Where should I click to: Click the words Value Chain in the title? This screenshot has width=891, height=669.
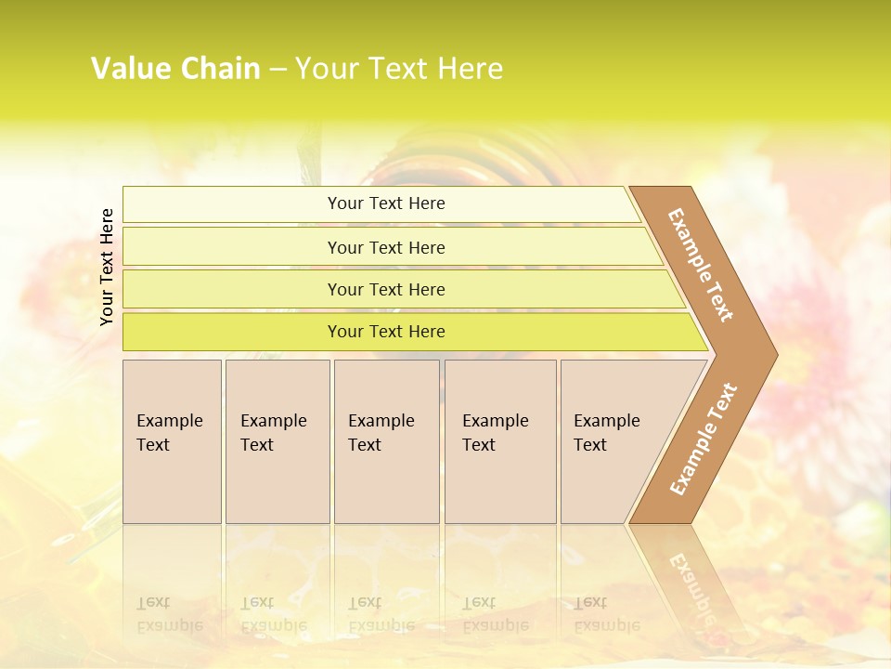pyautogui.click(x=175, y=69)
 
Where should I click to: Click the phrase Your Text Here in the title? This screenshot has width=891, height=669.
pyautogui.click(x=399, y=69)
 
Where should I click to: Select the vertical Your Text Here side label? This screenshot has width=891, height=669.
pyautogui.click(x=107, y=267)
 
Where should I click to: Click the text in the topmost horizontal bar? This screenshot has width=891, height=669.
pyautogui.click(x=386, y=203)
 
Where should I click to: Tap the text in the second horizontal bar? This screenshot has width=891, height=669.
pyautogui.click(x=386, y=248)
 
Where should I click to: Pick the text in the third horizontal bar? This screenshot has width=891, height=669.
pyautogui.click(x=386, y=290)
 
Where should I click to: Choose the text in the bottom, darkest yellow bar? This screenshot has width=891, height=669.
pyautogui.click(x=386, y=332)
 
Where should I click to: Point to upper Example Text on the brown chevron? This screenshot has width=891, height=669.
pyautogui.click(x=701, y=265)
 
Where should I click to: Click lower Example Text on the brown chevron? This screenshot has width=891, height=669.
pyautogui.click(x=704, y=439)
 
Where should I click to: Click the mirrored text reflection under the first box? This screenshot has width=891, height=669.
pyautogui.click(x=169, y=614)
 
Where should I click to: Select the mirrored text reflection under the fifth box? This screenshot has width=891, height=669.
pyautogui.click(x=606, y=614)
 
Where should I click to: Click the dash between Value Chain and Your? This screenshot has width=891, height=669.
pyautogui.click(x=278, y=70)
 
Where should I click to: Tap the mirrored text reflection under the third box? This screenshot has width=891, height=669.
pyautogui.click(x=381, y=614)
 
